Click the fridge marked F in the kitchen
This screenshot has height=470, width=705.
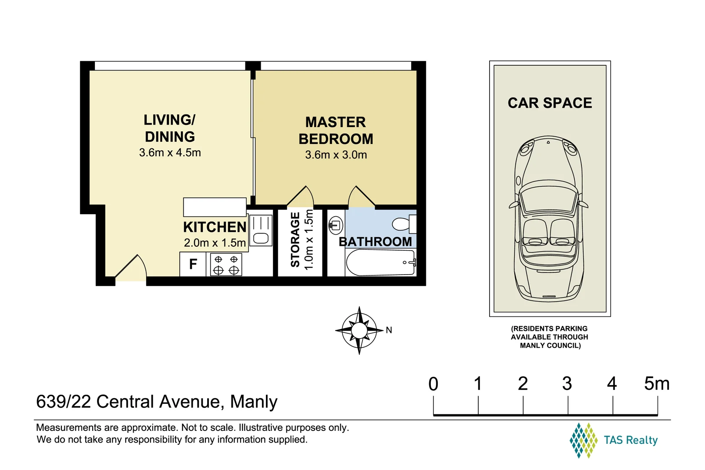(193, 264)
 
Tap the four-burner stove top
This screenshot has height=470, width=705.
(226, 265)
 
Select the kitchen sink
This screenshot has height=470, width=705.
(261, 230)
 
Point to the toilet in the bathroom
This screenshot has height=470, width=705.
(404, 224)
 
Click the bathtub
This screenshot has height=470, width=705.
(381, 262)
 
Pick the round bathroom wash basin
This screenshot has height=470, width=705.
(336, 225)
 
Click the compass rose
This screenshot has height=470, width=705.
(359, 330)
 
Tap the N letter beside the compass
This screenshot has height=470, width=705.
(389, 330)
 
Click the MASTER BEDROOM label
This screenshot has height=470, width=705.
(336, 131)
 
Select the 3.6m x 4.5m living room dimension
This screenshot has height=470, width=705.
(170, 153)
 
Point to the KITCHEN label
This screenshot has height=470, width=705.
(215, 227)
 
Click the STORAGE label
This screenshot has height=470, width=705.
(295, 240)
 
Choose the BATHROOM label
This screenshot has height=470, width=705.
(375, 242)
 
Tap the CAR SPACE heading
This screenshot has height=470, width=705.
(550, 103)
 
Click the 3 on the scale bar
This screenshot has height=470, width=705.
(567, 384)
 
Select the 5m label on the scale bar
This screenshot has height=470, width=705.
(657, 384)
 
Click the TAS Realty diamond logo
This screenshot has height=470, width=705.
(583, 440)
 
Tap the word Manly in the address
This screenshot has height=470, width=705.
(254, 402)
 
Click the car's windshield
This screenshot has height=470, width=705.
(549, 198)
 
